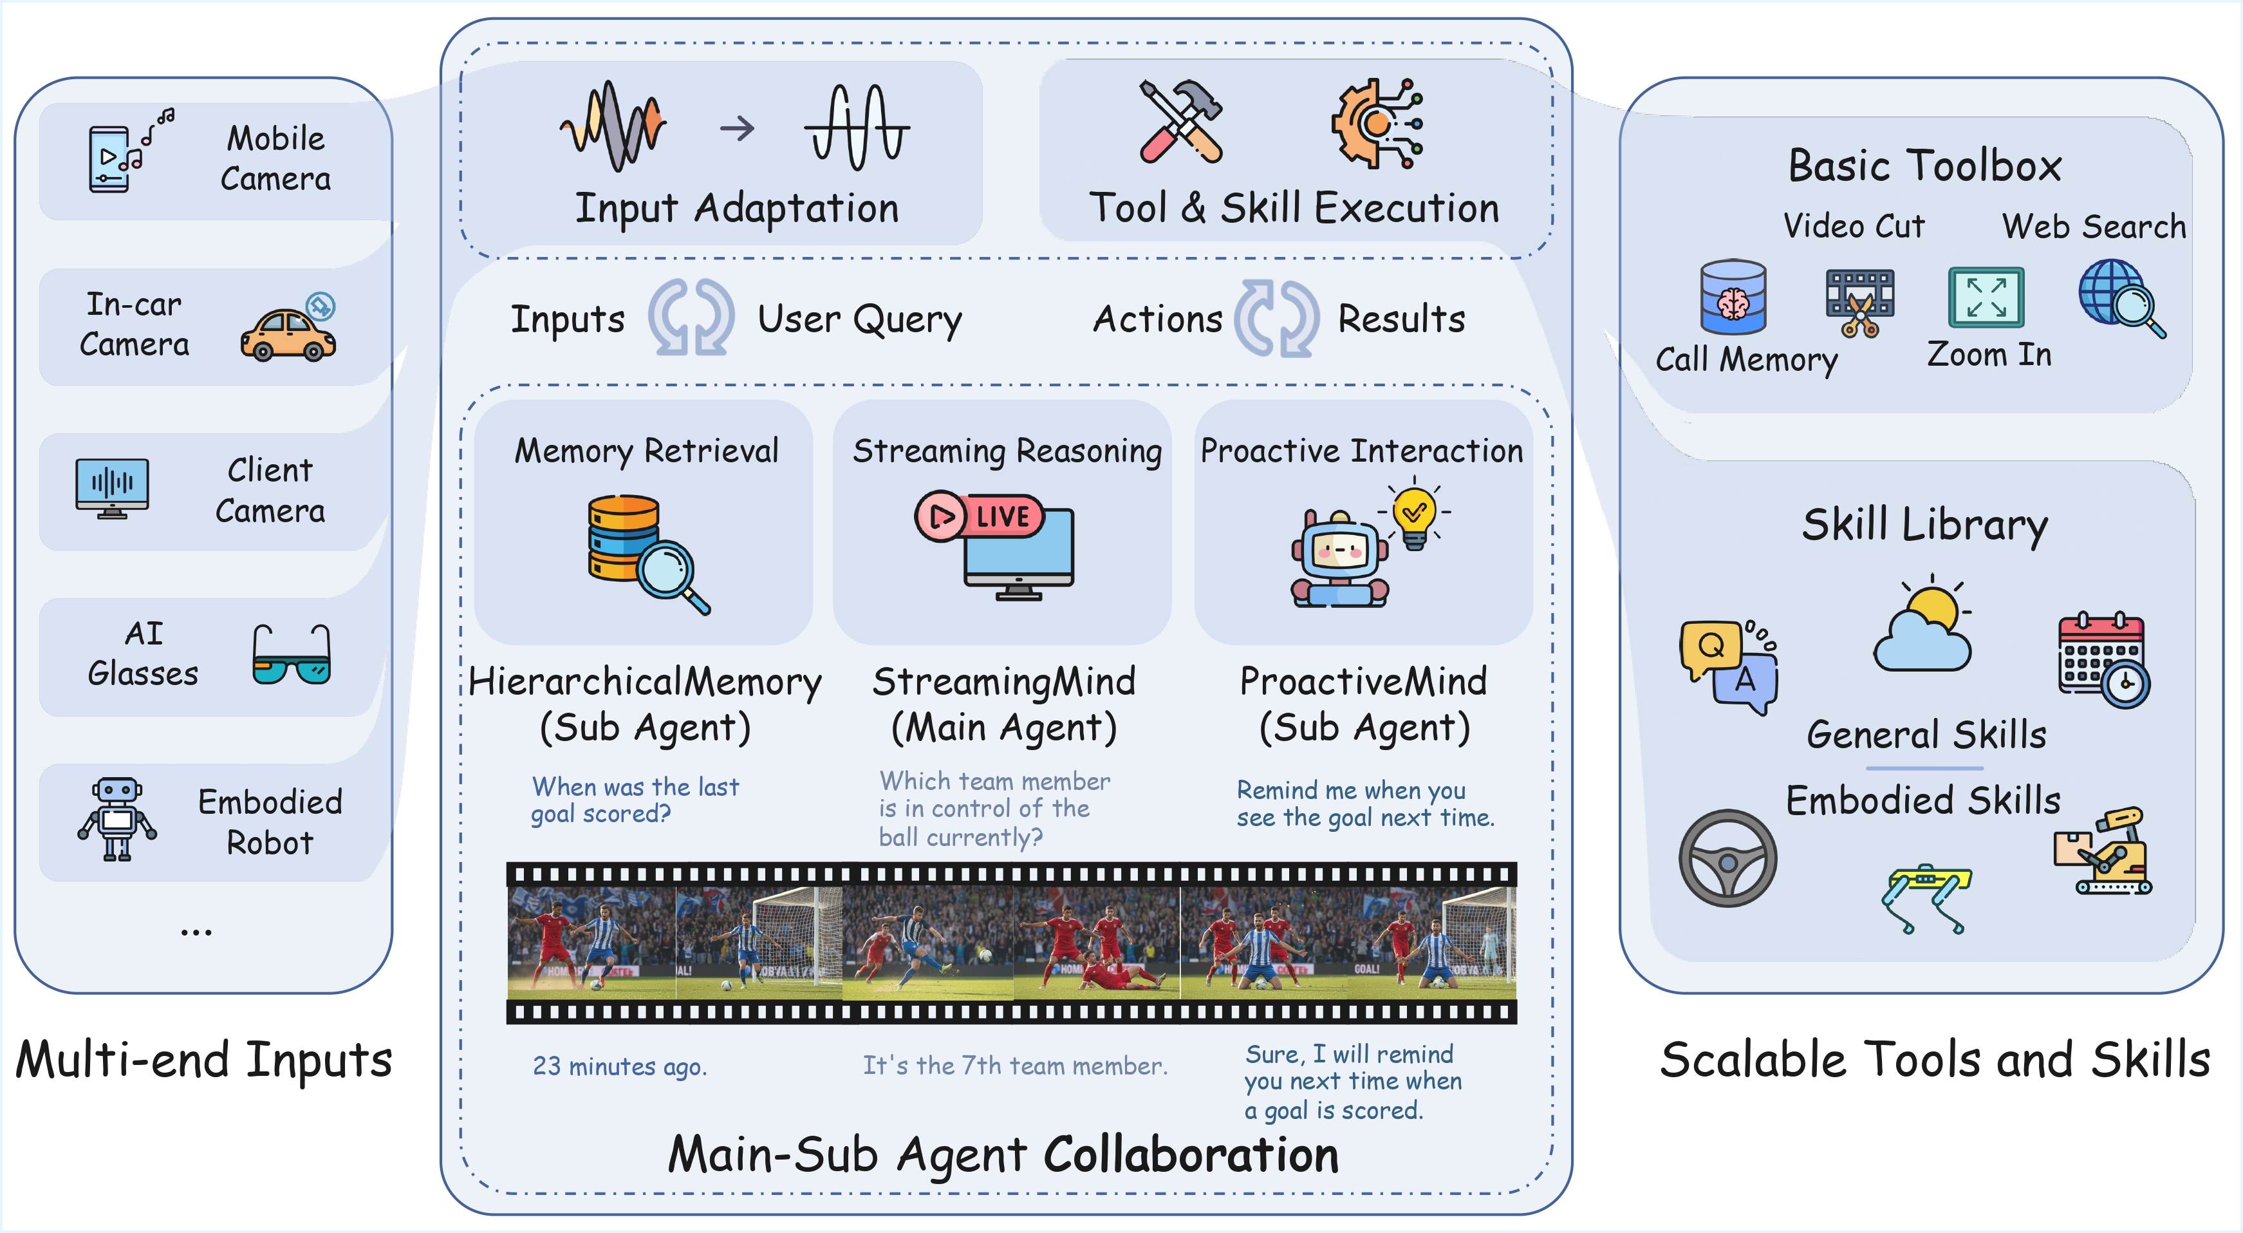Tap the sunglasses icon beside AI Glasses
pos(292,655)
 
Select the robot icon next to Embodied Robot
pos(116,818)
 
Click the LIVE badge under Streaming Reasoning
pos(979,516)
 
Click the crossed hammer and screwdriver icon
pos(1182,122)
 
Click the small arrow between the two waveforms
pos(737,129)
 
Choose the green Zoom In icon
pos(1986,297)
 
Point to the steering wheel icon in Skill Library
pos(1727,858)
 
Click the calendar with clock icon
pos(2103,660)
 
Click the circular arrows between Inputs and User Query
pos(691,318)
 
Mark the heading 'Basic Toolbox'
pos(1924,165)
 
